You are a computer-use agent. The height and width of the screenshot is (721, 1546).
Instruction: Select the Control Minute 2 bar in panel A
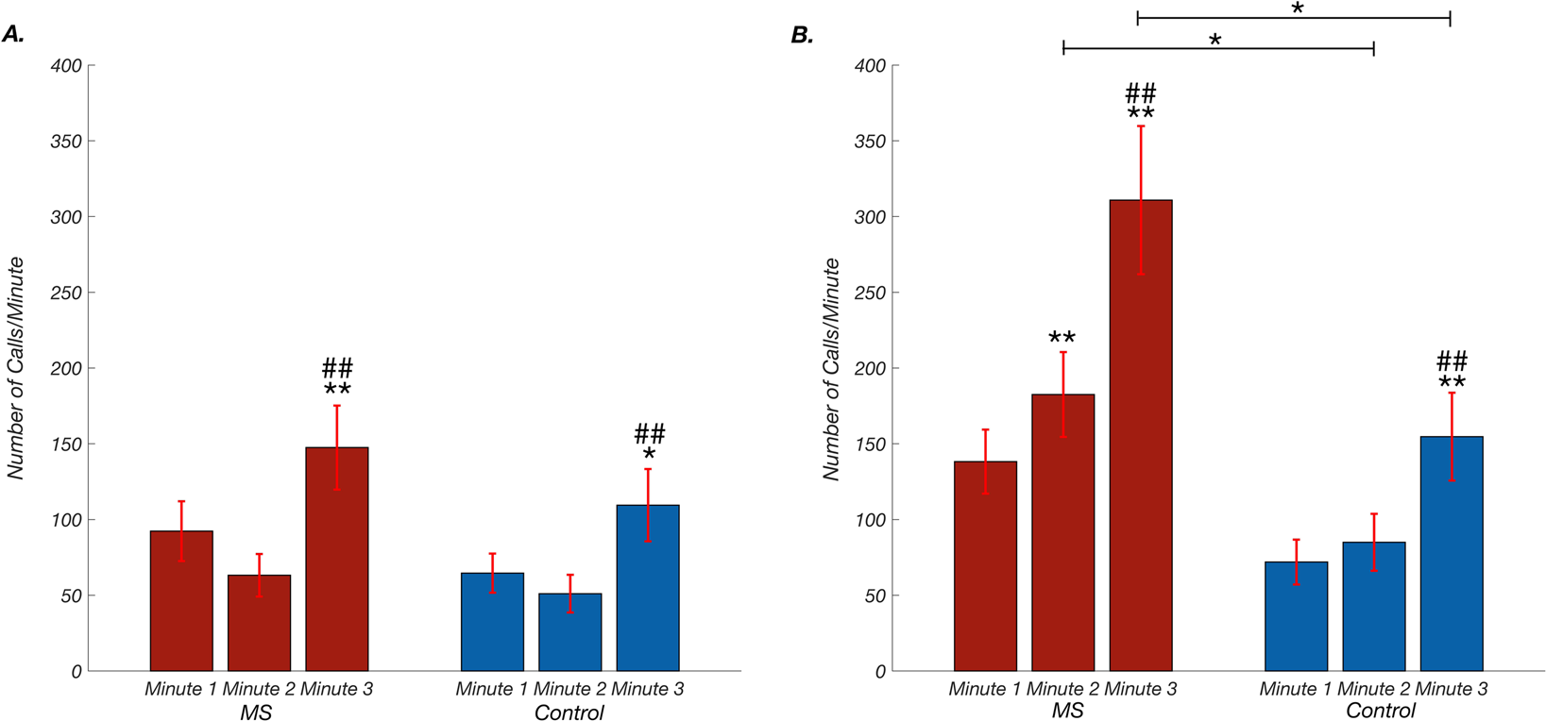(x=569, y=632)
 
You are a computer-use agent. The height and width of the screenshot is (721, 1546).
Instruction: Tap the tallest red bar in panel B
(x=1140, y=434)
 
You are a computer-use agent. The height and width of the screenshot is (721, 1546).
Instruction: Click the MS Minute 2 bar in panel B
(x=1062, y=533)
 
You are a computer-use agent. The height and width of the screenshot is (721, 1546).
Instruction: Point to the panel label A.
(x=13, y=35)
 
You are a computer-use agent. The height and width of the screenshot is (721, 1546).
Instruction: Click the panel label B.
(x=802, y=35)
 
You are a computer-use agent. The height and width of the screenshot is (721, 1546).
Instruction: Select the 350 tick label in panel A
(x=66, y=142)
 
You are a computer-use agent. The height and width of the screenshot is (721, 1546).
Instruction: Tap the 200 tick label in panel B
(x=870, y=368)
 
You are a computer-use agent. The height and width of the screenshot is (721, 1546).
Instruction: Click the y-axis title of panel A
(x=16, y=368)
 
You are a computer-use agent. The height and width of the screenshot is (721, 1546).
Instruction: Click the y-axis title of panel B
(x=831, y=368)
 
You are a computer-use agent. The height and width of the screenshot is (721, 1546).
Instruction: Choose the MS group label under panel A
(x=256, y=713)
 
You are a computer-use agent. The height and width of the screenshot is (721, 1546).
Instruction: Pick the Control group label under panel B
(x=1380, y=711)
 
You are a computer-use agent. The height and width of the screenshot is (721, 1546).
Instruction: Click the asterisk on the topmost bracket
(x=1298, y=8)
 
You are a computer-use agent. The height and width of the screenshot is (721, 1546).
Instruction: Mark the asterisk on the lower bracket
(x=1215, y=40)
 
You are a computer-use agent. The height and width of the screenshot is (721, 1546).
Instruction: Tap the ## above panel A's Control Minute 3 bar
(x=650, y=434)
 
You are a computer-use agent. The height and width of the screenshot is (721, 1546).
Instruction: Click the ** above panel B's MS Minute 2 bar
(x=1062, y=338)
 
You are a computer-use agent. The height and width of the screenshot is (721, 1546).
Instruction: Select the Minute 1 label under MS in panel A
(x=179, y=689)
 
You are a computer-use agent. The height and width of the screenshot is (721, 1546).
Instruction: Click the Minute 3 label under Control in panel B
(x=1451, y=689)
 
